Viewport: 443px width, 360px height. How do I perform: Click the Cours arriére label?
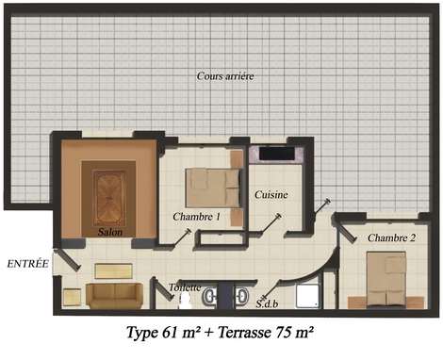tap(225, 76)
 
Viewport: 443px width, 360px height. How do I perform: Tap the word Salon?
tap(110, 232)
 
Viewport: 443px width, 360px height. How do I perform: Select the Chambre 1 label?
tap(197, 217)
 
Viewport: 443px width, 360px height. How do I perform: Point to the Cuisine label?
tap(271, 195)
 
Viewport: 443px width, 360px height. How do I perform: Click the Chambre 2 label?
tap(391, 237)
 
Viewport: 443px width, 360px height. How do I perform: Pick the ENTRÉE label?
tap(27, 264)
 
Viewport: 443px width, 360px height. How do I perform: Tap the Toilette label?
tap(185, 287)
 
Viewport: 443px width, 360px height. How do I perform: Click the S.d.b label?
tap(267, 303)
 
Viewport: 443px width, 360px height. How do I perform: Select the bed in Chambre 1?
tap(214, 188)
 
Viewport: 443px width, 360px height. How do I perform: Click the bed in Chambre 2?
tap(386, 279)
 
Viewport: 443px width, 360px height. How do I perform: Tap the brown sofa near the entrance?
tap(114, 295)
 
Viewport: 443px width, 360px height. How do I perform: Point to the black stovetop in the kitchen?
tap(277, 154)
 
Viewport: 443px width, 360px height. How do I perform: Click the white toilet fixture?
tap(185, 301)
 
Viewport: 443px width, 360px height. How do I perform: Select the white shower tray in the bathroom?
tap(308, 296)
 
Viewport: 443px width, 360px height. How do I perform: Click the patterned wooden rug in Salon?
tap(109, 198)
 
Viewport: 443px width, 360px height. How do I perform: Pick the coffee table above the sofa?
tap(113, 271)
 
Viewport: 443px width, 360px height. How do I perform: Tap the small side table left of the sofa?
tap(72, 297)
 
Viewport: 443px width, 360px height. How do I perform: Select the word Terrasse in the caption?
tap(245, 333)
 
